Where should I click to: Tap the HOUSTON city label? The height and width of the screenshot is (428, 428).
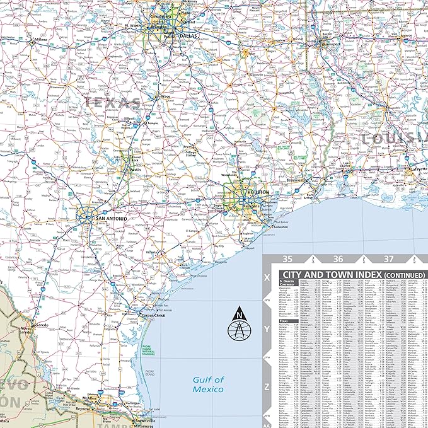[258, 192]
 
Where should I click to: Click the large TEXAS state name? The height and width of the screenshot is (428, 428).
[113, 102]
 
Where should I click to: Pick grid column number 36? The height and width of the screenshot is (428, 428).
[338, 259]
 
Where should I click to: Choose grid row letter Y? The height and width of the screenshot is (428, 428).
[267, 328]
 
